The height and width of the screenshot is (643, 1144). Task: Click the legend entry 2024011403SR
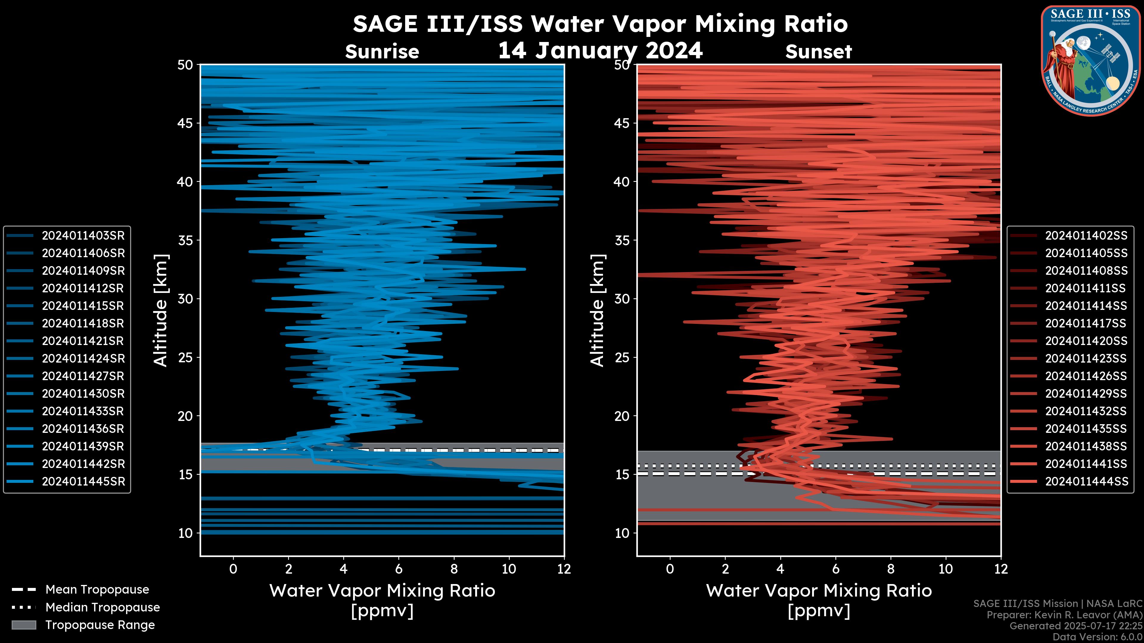coord(83,236)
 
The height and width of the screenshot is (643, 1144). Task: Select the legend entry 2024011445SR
coord(83,481)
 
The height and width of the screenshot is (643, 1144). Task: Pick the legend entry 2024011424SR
coord(83,358)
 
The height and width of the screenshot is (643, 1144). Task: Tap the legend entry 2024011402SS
coord(1086,236)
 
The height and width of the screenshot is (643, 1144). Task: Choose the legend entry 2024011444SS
coord(1086,481)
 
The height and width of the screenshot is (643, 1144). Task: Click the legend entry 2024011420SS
coord(1086,341)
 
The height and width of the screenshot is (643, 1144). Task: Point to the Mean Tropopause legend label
coord(97,590)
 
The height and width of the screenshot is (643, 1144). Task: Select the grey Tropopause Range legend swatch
coord(24,625)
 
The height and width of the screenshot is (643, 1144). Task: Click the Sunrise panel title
coord(382,52)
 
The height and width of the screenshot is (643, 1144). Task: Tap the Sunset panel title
coord(818,52)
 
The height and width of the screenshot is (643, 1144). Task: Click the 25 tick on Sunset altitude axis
coord(622,358)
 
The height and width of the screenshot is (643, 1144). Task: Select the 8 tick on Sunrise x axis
coord(454,569)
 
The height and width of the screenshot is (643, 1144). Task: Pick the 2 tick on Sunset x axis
coord(725,569)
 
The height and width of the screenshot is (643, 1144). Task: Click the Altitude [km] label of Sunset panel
coord(597,310)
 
